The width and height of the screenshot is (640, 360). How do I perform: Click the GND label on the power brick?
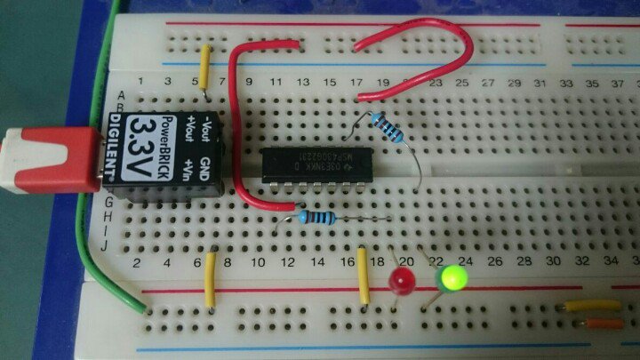tap(207, 164)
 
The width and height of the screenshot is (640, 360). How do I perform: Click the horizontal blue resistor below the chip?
tap(316, 216)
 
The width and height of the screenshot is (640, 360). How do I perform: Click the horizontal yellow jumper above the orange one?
tap(594, 306)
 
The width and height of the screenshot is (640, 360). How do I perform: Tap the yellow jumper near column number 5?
tap(207, 66)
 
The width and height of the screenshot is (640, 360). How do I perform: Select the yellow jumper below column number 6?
tap(211, 279)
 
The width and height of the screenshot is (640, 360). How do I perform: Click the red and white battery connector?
tap(49, 160)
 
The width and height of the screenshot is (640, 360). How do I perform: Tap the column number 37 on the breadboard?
tap(618, 82)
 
